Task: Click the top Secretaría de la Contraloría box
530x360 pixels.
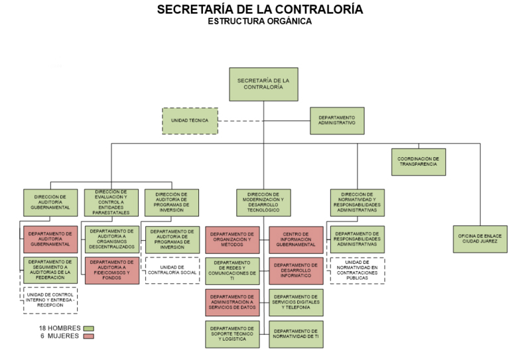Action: click(263, 84)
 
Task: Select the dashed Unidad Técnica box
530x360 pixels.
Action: click(190, 121)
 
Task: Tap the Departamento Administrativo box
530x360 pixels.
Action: click(337, 121)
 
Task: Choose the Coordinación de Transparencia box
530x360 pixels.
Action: click(418, 162)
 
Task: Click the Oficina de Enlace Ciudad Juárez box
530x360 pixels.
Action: click(480, 239)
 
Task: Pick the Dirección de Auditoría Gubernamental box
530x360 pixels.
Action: click(50, 202)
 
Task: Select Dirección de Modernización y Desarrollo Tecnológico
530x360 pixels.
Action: click(263, 202)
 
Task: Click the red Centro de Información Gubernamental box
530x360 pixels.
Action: click(296, 239)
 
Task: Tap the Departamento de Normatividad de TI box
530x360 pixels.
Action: click(296, 334)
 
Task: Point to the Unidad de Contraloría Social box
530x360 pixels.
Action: click(172, 270)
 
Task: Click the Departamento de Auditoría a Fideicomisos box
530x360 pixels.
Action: click(111, 270)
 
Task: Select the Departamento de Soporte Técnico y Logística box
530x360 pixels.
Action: click(232, 334)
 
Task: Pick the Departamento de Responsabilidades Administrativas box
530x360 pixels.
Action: click(358, 239)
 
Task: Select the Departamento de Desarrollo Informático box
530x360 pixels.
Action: click(296, 270)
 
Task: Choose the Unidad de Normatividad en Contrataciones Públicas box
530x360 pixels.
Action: click(358, 270)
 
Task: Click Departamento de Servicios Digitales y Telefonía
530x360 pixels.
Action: click(296, 302)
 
